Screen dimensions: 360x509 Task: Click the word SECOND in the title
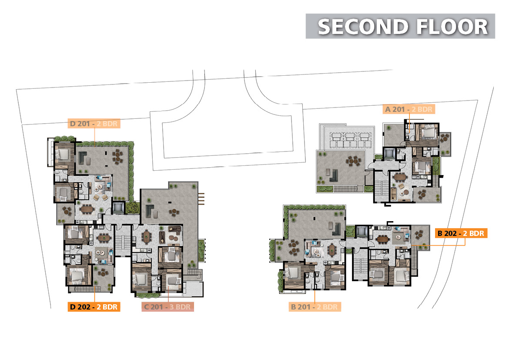point(362,27)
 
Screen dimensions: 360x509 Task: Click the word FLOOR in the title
point(449,27)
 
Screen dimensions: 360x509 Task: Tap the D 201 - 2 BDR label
point(94,124)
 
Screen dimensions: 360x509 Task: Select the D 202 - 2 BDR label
point(94,306)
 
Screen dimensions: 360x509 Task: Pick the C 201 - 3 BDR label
point(167,306)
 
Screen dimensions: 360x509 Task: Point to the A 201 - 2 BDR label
point(409,109)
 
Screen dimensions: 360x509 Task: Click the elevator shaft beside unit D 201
point(118,208)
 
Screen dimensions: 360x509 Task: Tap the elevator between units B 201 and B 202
point(361,232)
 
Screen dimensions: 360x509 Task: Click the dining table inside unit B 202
point(383,238)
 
